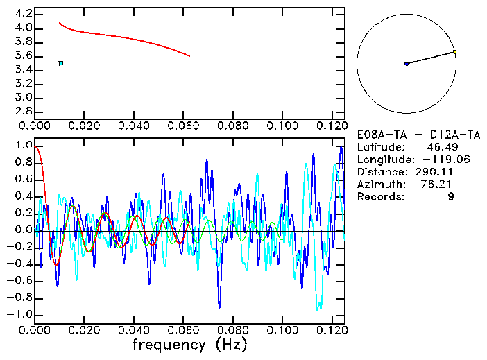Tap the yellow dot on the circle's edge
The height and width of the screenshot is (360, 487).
point(454,51)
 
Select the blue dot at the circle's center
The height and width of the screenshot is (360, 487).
point(407,64)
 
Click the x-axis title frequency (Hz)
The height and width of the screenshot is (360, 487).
point(189,345)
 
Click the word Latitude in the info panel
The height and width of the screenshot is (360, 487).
point(379,147)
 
